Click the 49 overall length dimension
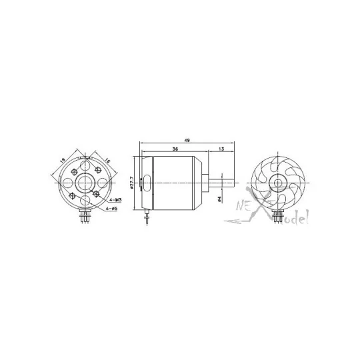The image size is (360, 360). pos(187,140)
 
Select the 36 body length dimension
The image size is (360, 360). pos(174,149)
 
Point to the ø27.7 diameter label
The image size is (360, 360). pos(132,182)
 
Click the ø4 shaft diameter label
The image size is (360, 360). pos(219,197)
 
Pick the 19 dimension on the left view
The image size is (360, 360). pos(61,160)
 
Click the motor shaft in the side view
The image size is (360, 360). pos(223,180)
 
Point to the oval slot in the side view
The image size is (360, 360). pos(147,181)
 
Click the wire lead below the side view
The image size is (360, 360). pos(146,219)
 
